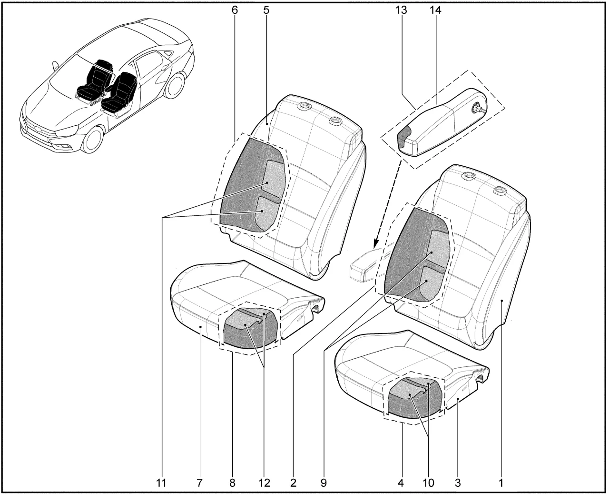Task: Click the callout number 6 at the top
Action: coord(235,10)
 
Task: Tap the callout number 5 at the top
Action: coord(266,10)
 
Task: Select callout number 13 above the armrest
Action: coord(401,10)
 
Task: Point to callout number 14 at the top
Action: coord(435,10)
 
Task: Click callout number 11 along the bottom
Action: coord(161,483)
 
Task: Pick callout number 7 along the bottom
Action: coord(199,483)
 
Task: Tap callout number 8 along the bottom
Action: coord(233,483)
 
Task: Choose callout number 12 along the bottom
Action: coord(265,483)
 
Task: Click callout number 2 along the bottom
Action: coord(293,483)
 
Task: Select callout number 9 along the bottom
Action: coord(324,483)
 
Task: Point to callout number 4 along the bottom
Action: coord(401,483)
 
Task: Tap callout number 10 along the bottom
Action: coord(428,483)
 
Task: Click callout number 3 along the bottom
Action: coord(458,483)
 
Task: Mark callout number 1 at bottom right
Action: coord(501,483)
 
